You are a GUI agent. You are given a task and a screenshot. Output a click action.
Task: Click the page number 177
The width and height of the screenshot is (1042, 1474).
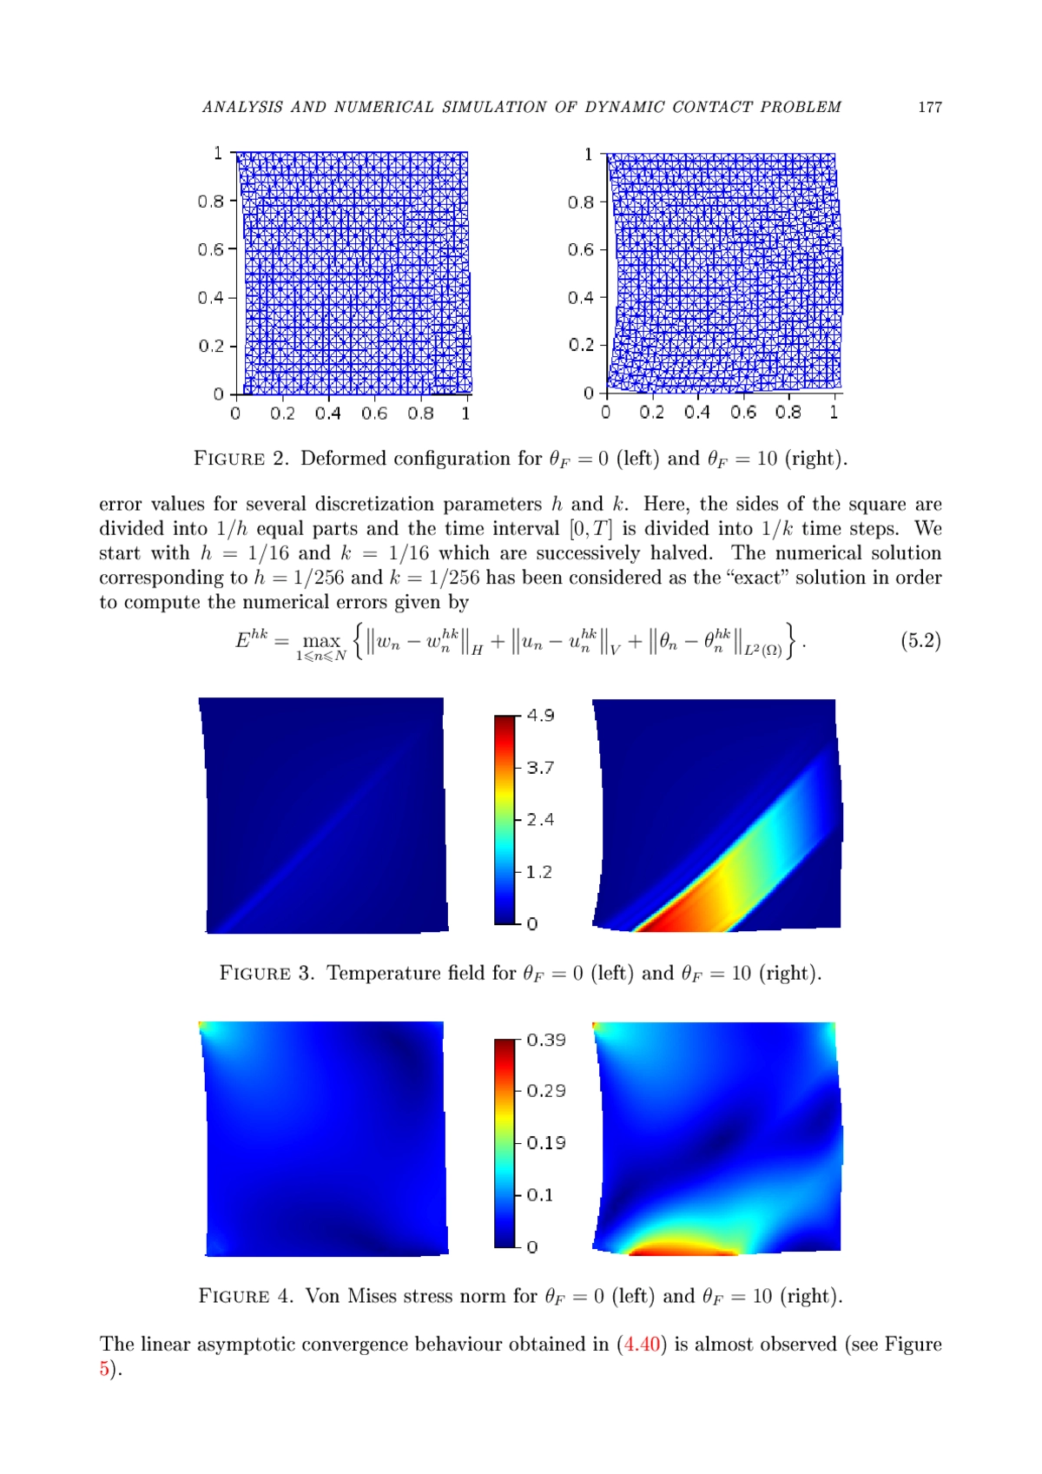929,107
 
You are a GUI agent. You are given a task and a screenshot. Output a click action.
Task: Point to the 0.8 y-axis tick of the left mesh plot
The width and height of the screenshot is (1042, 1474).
210,202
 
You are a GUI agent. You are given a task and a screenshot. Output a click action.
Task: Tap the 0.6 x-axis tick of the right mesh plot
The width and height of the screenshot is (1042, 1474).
742,412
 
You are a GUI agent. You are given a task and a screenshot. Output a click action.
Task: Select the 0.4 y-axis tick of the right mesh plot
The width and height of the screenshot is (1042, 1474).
581,297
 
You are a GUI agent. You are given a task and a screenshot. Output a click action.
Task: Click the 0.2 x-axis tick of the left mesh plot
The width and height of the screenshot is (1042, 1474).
282,413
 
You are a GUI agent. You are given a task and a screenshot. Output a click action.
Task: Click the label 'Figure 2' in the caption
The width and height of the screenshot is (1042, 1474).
241,459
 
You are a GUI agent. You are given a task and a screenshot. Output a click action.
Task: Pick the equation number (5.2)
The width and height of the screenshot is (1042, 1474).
920,641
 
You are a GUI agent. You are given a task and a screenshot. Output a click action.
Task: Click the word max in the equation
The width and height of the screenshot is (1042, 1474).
320,641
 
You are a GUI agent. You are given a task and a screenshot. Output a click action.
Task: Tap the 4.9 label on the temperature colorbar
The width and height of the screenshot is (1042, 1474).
540,715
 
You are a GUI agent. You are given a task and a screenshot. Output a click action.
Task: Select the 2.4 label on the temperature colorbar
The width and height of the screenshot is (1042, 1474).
540,819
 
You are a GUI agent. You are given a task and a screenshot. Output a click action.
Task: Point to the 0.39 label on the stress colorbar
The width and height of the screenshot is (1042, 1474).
546,1040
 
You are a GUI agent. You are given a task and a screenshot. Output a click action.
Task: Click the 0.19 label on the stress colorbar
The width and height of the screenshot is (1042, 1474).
546,1143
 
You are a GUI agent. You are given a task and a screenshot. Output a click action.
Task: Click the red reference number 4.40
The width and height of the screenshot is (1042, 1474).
643,1345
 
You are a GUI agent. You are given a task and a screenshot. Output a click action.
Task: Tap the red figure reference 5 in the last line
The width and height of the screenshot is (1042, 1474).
104,1369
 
